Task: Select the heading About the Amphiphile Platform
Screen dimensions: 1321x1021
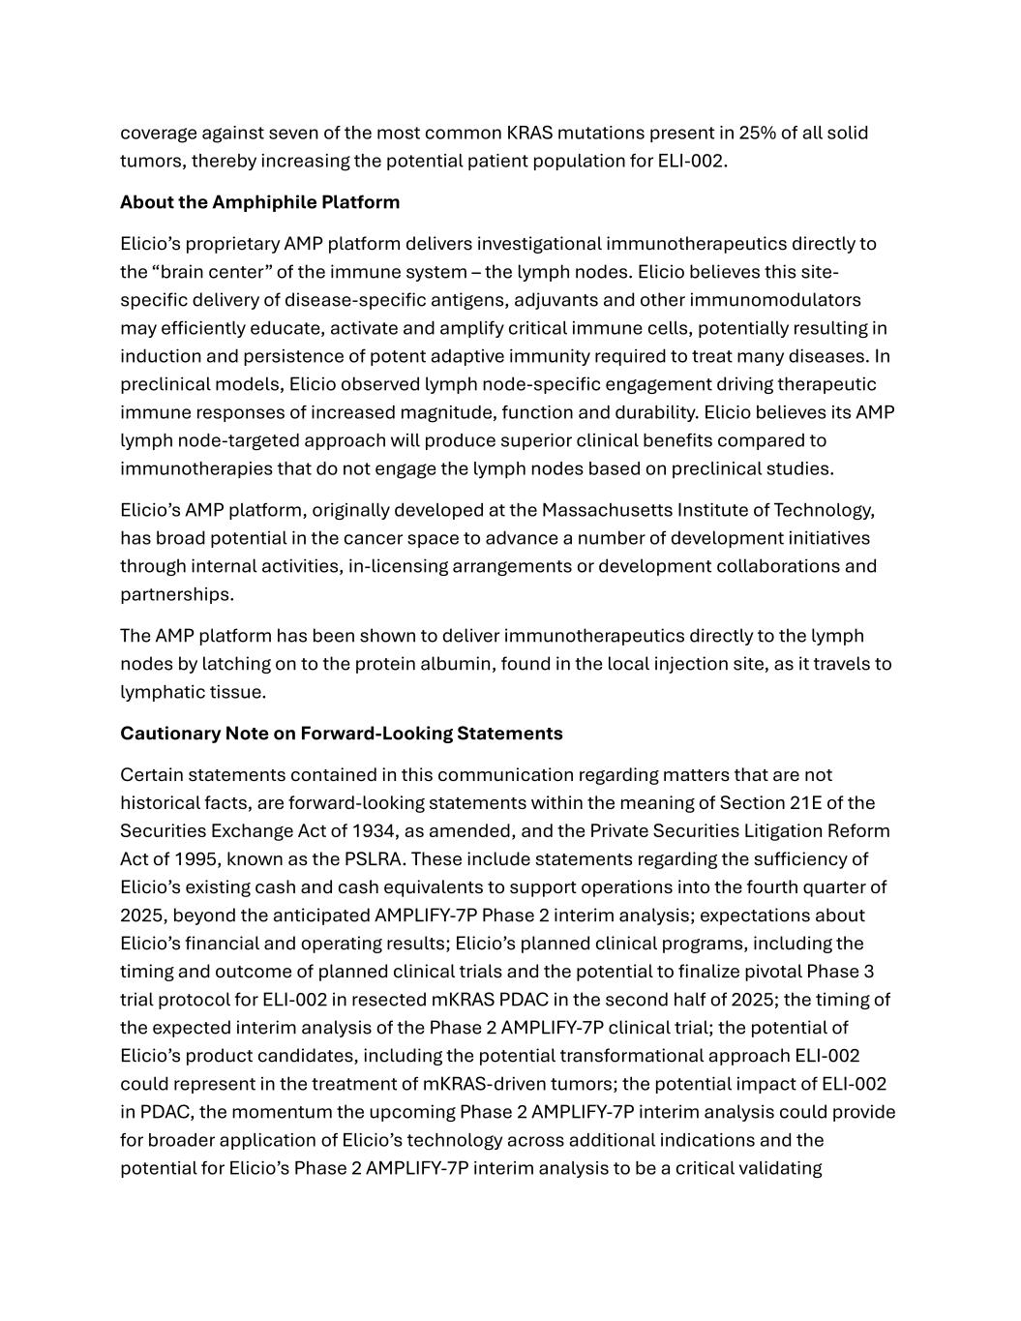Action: [259, 202]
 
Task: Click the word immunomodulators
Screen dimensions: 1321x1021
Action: [785, 300]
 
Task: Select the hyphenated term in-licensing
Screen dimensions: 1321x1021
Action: [398, 566]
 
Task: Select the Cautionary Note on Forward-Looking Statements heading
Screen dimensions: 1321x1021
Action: [341, 734]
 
